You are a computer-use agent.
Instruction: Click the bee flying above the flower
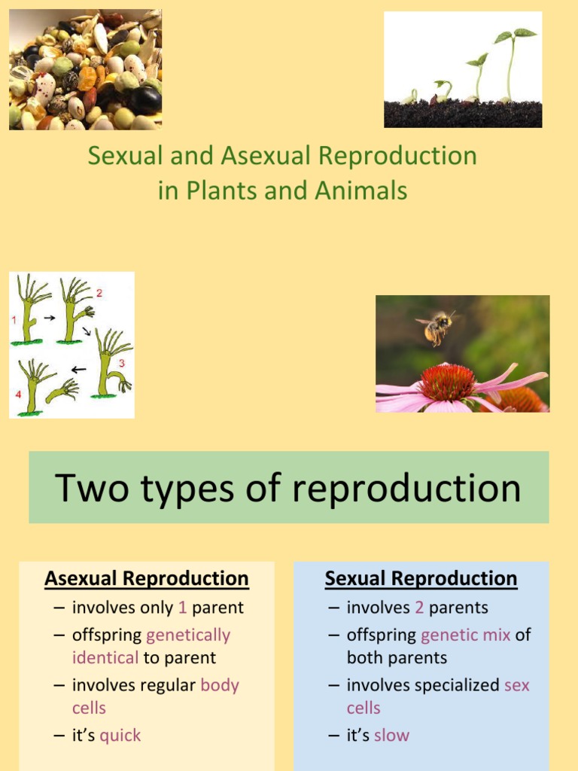436,328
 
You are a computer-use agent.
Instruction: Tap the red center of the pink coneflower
447,382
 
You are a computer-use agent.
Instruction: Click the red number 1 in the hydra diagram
14,320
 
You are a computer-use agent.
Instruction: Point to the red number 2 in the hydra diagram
99,292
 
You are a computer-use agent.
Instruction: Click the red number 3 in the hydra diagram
120,363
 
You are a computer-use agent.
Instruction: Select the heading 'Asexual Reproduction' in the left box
146,579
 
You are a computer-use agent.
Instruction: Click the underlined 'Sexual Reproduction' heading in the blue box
421,579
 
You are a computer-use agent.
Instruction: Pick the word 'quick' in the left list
120,736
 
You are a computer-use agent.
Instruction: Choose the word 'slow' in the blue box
391,736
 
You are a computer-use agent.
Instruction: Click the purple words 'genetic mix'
465,635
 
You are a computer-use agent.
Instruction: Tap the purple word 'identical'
105,657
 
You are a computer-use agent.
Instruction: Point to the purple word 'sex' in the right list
516,685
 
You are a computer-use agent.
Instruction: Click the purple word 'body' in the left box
220,685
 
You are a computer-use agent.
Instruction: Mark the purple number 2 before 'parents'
419,608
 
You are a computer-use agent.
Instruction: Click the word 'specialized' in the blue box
461,685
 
